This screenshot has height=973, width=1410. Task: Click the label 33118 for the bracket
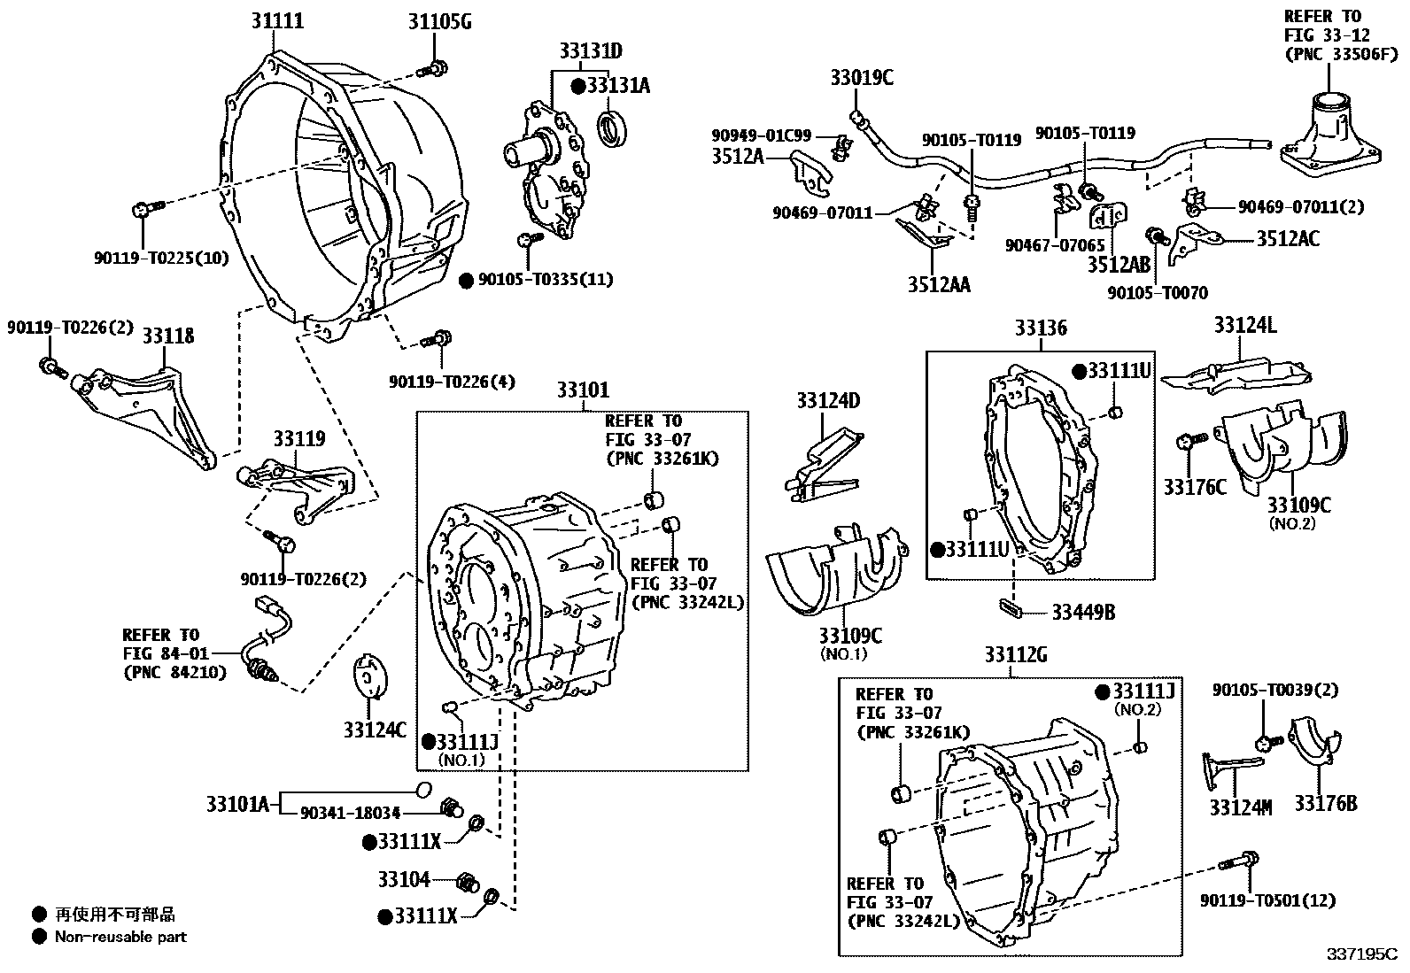coord(167,336)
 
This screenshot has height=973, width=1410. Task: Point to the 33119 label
coord(298,439)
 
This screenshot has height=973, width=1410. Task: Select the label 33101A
coord(236,805)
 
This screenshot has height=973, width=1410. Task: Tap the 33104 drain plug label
coord(403,880)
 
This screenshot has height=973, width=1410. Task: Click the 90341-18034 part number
coord(351,813)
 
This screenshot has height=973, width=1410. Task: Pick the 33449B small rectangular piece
coord(1011,607)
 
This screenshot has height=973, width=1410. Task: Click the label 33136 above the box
coord(1041,328)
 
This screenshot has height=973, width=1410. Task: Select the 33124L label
coord(1244,326)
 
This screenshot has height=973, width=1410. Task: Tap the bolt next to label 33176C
coord(1189,441)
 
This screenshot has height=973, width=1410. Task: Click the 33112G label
coord(1015,656)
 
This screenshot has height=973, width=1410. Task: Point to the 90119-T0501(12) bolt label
coord(1267,900)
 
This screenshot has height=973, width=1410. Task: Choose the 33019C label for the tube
coord(861,78)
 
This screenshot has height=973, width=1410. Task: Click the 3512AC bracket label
coord(1287,238)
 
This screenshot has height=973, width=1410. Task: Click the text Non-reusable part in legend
coord(120,937)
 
